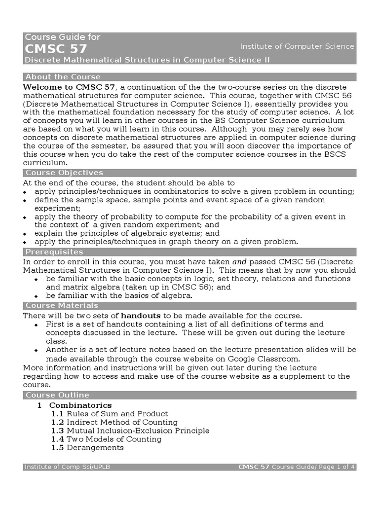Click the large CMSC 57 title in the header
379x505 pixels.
(x=56, y=48)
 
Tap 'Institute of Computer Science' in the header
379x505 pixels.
(x=297, y=46)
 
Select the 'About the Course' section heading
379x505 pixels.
(x=63, y=77)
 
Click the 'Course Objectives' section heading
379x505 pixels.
(x=64, y=173)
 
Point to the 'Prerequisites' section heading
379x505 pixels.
(x=54, y=252)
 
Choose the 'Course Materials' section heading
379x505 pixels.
(x=61, y=306)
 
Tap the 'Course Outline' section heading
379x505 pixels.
(x=57, y=395)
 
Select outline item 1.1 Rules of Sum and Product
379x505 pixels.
(x=110, y=414)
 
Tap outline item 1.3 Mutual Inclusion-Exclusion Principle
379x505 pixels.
(x=130, y=431)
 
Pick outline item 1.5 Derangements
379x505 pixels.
(x=87, y=447)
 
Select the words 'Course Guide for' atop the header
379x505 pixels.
(x=62, y=37)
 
